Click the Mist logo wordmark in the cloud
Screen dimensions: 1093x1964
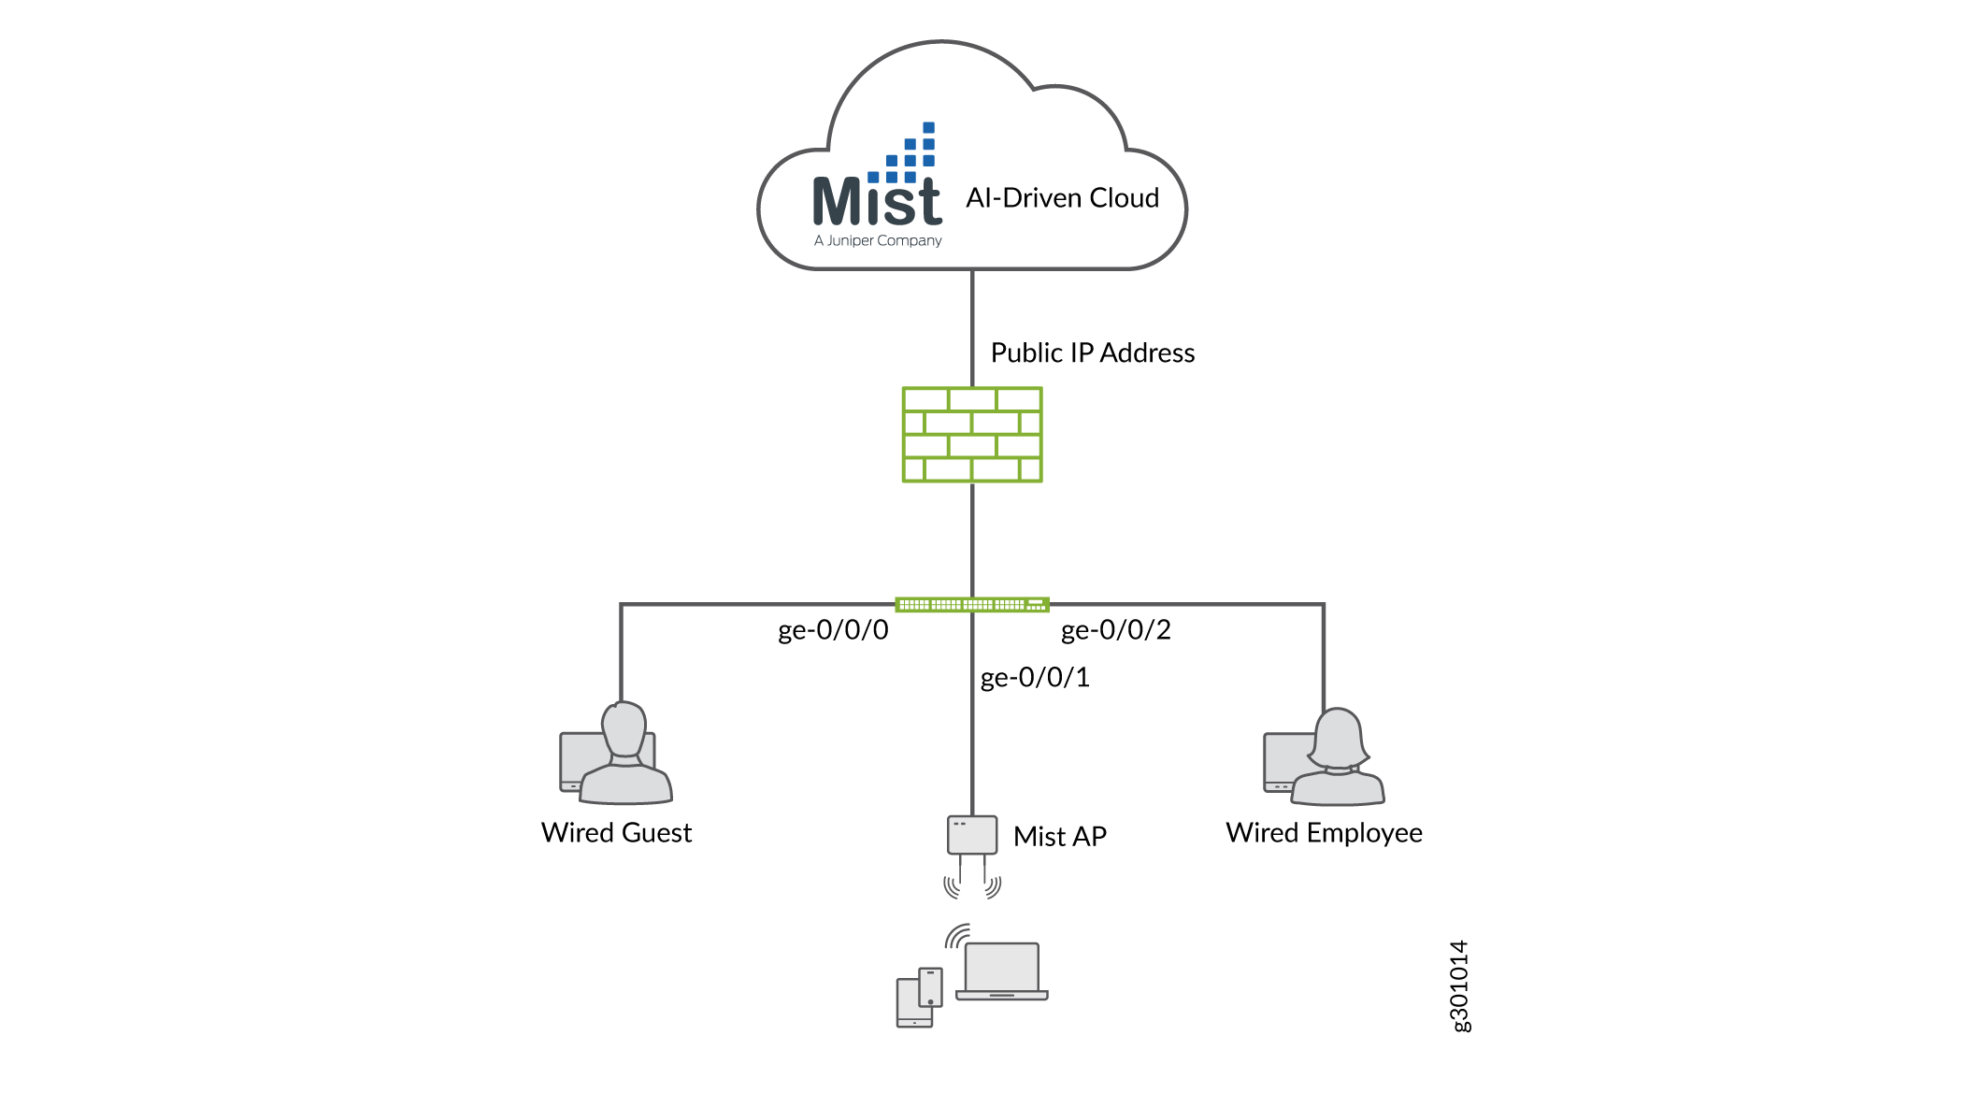coord(876,202)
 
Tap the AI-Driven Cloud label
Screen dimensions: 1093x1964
coord(1062,198)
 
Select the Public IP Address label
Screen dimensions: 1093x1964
coord(1092,353)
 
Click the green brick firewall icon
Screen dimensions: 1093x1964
coord(972,435)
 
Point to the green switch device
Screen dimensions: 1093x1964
coord(972,605)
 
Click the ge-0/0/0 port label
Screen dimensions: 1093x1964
coord(833,630)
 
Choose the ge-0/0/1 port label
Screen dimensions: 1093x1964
coord(1035,678)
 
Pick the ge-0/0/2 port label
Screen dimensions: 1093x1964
coord(1115,630)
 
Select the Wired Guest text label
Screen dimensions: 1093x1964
coord(616,833)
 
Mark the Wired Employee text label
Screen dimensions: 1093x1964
coord(1324,833)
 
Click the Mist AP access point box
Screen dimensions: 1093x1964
coord(972,835)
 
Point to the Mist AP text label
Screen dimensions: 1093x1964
coord(1059,837)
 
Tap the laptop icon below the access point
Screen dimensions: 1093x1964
coord(1002,972)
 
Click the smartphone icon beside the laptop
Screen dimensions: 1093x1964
coord(931,987)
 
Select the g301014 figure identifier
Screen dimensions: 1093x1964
coord(1459,986)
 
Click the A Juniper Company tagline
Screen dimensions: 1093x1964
coord(878,241)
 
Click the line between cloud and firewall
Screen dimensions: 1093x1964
coord(972,327)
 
